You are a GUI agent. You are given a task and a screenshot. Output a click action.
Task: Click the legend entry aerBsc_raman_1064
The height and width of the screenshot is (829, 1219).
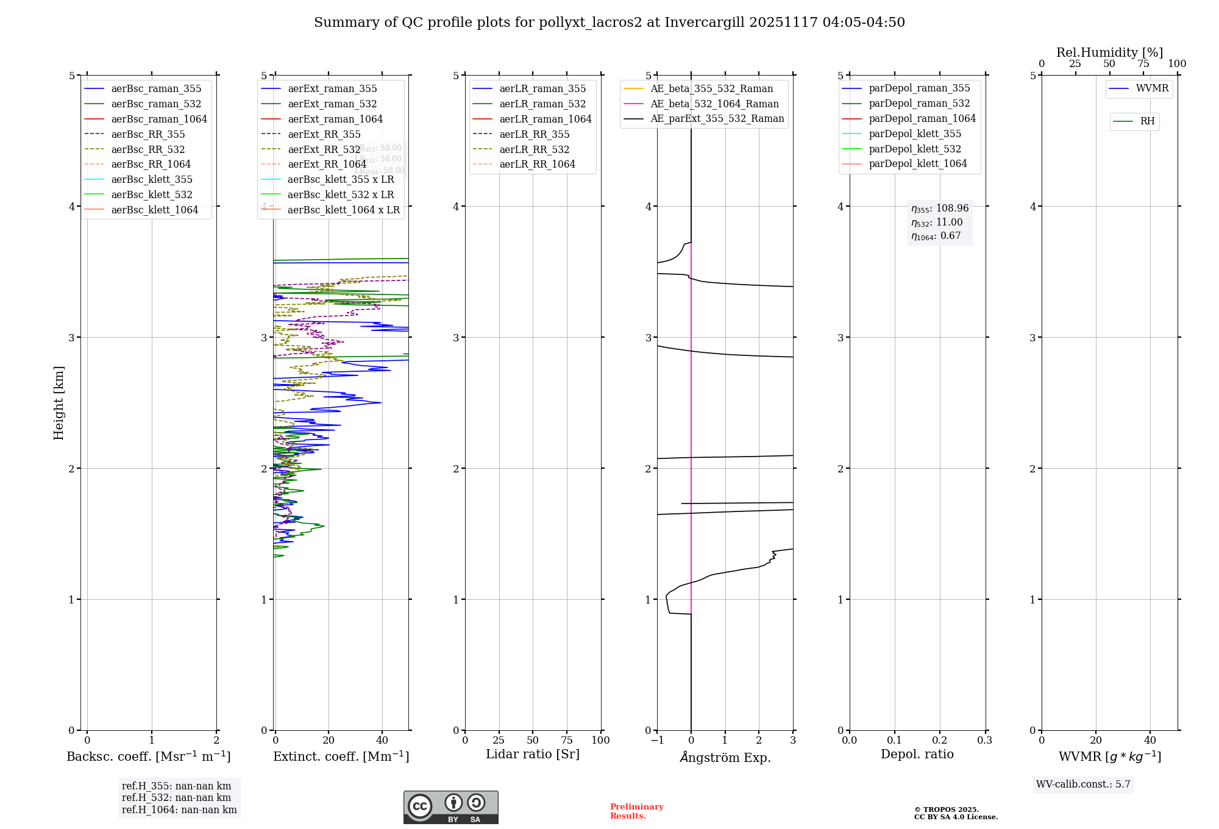[159, 119]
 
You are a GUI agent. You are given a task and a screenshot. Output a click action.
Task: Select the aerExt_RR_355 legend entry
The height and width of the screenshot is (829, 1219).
[324, 134]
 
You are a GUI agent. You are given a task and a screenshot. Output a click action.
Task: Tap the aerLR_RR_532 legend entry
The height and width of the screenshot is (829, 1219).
[534, 149]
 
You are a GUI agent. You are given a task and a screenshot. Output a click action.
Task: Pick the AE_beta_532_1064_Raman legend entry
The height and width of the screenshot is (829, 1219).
[714, 104]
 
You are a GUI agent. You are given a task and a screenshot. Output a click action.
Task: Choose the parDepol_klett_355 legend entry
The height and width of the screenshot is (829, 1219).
[914, 133]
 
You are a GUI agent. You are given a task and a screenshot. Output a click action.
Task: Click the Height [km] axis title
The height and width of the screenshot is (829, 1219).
[59, 402]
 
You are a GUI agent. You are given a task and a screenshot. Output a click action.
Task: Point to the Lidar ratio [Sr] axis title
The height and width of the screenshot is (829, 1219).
[533, 754]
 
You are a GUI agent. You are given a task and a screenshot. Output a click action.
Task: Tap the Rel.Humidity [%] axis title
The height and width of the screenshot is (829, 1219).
[1109, 52]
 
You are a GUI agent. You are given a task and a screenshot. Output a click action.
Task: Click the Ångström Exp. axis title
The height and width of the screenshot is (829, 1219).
[725, 757]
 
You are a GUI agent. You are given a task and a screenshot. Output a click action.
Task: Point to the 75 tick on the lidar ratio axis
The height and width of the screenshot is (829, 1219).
[567, 741]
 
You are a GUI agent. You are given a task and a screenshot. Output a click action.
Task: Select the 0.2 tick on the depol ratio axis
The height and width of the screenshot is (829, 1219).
[940, 741]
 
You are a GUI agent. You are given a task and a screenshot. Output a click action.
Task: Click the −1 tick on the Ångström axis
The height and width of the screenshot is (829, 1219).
[656, 741]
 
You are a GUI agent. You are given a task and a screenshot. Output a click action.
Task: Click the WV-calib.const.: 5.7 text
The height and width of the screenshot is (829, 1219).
[1083, 785]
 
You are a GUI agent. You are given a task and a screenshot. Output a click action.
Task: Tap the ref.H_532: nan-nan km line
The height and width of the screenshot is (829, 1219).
[176, 798]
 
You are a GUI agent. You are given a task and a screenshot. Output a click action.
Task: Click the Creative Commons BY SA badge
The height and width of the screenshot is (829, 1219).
[450, 808]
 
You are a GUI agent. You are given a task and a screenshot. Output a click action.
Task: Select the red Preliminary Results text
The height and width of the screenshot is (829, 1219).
[636, 811]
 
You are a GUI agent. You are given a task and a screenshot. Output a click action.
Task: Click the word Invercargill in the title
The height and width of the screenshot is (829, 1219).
[705, 23]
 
